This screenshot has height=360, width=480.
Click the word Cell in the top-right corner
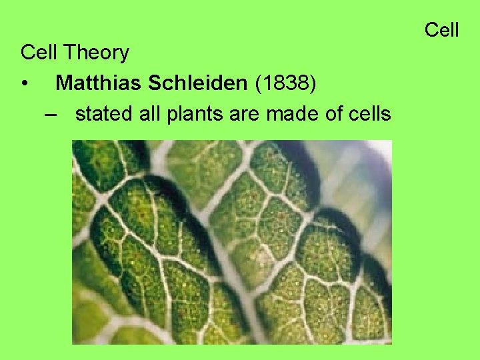tap(441, 30)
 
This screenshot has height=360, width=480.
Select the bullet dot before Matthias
tap(25, 85)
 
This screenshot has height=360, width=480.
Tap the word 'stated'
tap(104, 115)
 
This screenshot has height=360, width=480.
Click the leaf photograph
tap(231, 241)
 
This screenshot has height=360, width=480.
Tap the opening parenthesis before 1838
tap(259, 84)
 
